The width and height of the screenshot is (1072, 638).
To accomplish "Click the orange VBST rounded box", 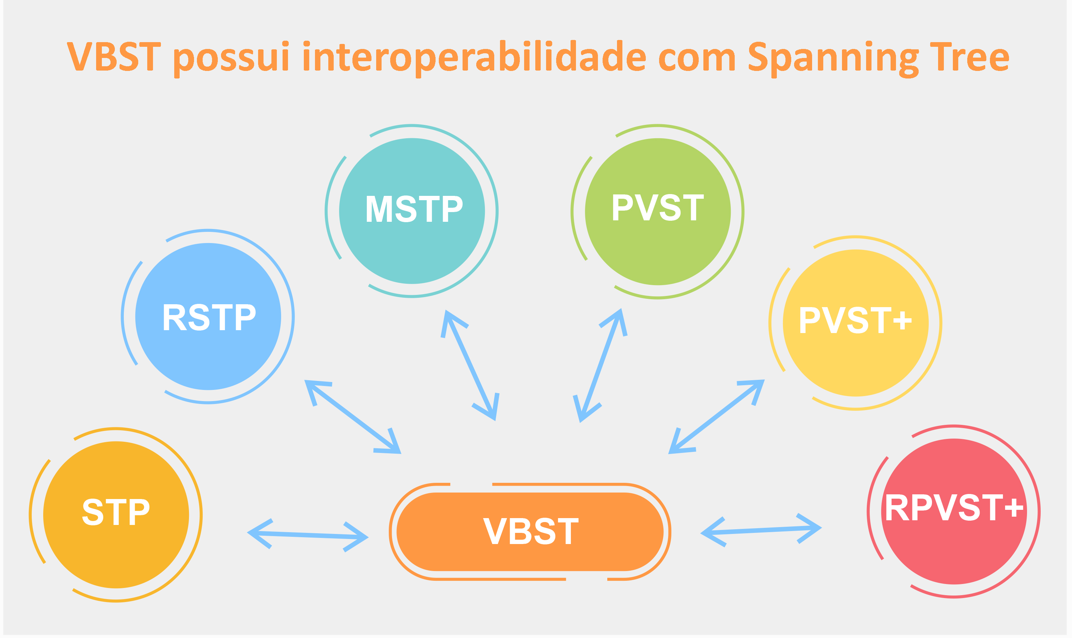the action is [x=530, y=531].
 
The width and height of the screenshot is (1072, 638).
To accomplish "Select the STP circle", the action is [x=116, y=515].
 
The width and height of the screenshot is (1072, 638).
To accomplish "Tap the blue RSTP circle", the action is [x=208, y=316].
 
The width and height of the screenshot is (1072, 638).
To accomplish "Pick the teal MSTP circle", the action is [x=412, y=211].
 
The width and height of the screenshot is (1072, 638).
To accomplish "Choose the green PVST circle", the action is [x=658, y=211].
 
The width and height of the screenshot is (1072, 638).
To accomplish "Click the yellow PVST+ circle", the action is [x=855, y=323].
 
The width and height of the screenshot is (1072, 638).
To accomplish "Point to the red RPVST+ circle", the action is [x=954, y=511].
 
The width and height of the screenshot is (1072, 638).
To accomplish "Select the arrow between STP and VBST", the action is [x=308, y=535].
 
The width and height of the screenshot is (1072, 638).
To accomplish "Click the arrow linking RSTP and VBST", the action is [x=353, y=417].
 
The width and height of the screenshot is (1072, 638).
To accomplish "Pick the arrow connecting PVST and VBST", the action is [x=600, y=365].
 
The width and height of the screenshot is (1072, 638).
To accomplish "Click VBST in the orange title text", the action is [x=114, y=56].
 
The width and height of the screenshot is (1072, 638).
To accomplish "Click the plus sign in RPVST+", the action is [x=1014, y=508].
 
